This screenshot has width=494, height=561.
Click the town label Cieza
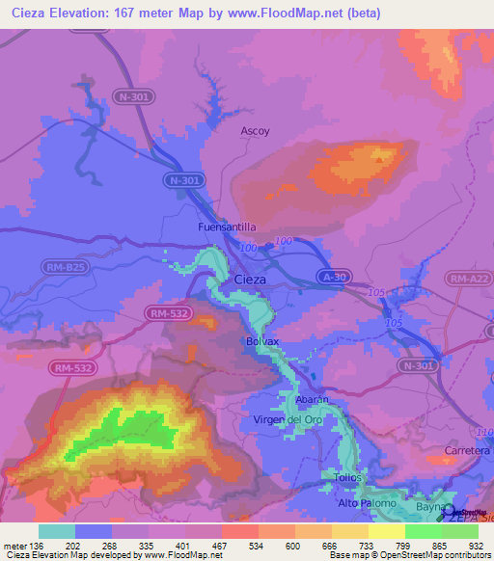tap(250, 279)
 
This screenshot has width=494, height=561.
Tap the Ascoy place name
tap(256, 131)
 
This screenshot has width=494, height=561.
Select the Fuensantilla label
tap(227, 227)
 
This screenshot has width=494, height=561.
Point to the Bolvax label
tap(261, 342)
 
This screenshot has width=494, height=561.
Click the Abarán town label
tap(313, 399)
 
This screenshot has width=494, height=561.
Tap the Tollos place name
tap(350, 477)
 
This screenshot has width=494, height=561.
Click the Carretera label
tap(467, 450)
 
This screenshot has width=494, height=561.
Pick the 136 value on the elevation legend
tap(38, 545)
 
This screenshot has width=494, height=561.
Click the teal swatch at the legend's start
tap(56, 531)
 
